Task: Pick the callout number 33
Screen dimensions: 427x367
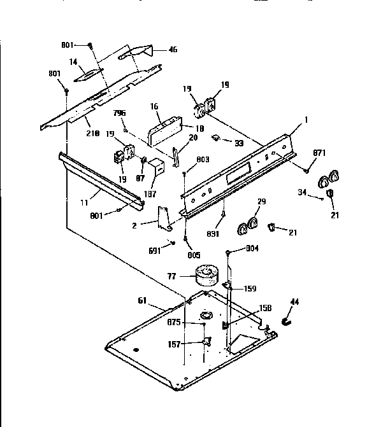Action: click(x=239, y=143)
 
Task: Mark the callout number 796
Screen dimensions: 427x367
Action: click(x=119, y=113)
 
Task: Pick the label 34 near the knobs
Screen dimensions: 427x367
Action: click(x=303, y=192)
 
